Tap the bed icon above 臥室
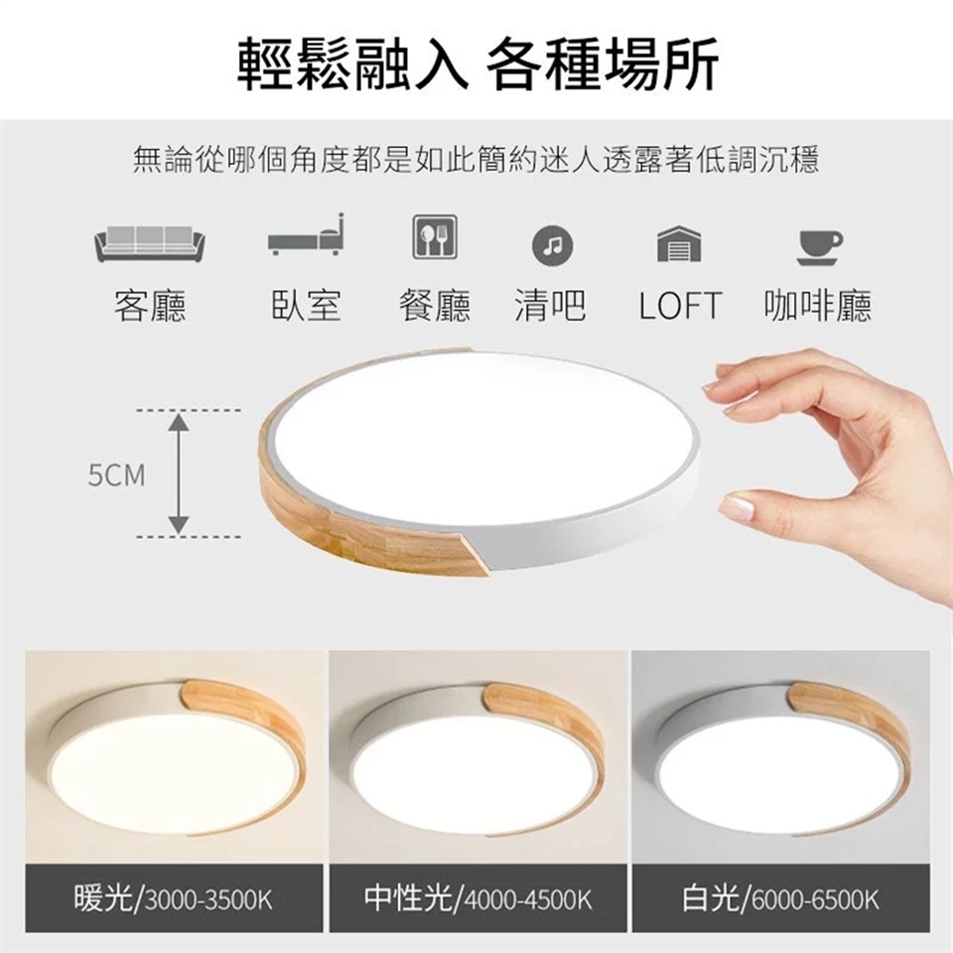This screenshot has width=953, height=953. click(x=307, y=235)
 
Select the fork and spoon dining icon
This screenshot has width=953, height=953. click(x=435, y=237)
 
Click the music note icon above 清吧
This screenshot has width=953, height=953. click(x=552, y=245)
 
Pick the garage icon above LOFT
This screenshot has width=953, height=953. click(x=679, y=244)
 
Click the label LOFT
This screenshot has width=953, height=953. click(x=680, y=305)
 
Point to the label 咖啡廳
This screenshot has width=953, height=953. click(x=818, y=305)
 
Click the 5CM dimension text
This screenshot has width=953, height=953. click(x=117, y=476)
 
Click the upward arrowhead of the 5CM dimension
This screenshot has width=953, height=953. click(x=178, y=422)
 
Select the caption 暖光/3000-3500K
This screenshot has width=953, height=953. click(x=173, y=898)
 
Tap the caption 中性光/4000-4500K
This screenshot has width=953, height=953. click(x=477, y=898)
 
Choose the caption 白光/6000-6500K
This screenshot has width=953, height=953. click(x=780, y=898)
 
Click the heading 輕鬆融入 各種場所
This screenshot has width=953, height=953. click(x=477, y=64)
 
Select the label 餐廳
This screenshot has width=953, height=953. click(x=435, y=305)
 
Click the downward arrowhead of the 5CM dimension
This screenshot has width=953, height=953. click(x=178, y=525)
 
